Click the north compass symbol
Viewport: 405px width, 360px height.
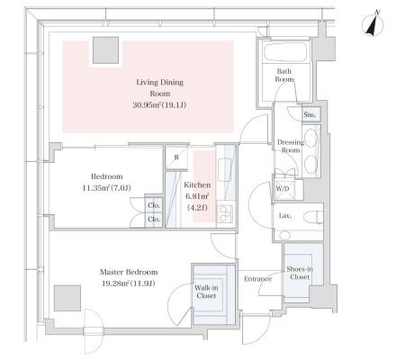pyautogui.click(x=373, y=24)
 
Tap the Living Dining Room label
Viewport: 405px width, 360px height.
pyautogui.click(x=160, y=87)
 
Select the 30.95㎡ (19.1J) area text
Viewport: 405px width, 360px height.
pyautogui.click(x=159, y=105)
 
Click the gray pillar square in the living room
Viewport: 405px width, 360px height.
pyautogui.click(x=105, y=50)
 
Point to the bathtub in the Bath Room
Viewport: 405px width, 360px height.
pyautogui.click(x=285, y=52)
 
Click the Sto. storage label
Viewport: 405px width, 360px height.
pyautogui.click(x=310, y=114)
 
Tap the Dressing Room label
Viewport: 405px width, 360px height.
pyautogui.click(x=291, y=146)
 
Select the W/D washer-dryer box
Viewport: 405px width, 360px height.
pyautogui.click(x=283, y=190)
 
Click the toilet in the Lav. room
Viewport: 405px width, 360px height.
pyautogui.click(x=313, y=217)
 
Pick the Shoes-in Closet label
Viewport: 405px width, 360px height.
pyautogui.click(x=300, y=273)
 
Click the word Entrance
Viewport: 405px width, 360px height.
pyautogui.click(x=257, y=279)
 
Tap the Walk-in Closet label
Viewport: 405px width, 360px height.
pyautogui.click(x=206, y=292)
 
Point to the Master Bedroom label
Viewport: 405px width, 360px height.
pyautogui.click(x=129, y=272)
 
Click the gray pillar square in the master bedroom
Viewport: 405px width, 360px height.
pyautogui.click(x=67, y=298)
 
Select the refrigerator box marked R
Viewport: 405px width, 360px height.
pyautogui.click(x=176, y=157)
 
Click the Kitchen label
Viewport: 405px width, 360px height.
pyautogui.click(x=197, y=185)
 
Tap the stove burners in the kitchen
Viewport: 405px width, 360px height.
pyautogui.click(x=222, y=213)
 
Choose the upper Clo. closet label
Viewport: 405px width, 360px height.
pyautogui.click(x=154, y=206)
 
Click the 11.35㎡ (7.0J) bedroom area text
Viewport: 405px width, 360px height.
pyautogui.click(x=107, y=188)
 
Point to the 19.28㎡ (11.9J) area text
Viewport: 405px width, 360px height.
pyautogui.click(x=129, y=283)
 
